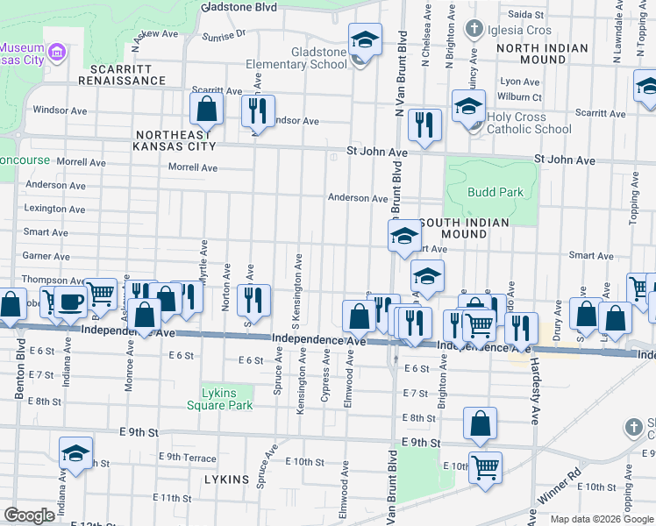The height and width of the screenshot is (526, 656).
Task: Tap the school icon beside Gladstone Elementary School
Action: (365, 39)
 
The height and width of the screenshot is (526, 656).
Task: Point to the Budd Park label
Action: (496, 192)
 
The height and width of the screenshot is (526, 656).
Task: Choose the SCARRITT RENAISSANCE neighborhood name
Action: (121, 75)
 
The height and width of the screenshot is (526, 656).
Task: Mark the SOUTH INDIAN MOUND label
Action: (464, 229)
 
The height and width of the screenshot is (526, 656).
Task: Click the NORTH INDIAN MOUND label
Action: (543, 53)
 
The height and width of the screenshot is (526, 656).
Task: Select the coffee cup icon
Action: (71, 301)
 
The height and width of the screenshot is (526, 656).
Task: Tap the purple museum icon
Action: (59, 53)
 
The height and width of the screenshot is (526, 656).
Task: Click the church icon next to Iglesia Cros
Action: (474, 29)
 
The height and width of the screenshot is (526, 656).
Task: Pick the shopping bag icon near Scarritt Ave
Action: (207, 110)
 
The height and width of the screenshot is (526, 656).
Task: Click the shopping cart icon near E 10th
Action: (484, 466)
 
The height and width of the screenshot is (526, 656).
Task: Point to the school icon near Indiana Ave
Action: (76, 453)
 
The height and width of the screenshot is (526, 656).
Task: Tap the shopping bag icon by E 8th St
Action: (480, 423)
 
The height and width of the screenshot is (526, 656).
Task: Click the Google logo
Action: (29, 515)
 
